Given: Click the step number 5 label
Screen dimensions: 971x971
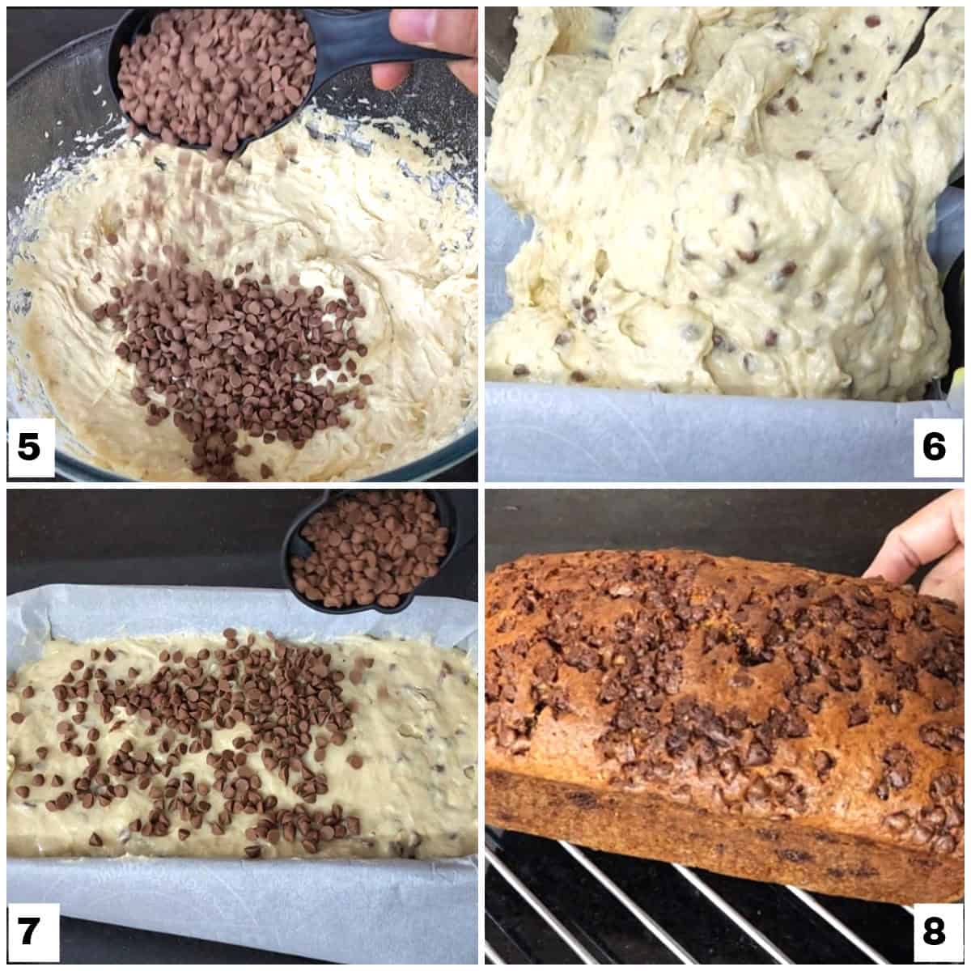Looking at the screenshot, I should click(x=29, y=446).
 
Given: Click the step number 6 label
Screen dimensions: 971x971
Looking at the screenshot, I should click(x=934, y=446).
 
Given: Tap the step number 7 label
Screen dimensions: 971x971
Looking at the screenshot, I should click(x=29, y=931).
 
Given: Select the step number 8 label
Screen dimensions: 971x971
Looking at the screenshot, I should click(x=934, y=931).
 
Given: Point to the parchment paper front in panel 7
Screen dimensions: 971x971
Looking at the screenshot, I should click(x=243, y=890).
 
